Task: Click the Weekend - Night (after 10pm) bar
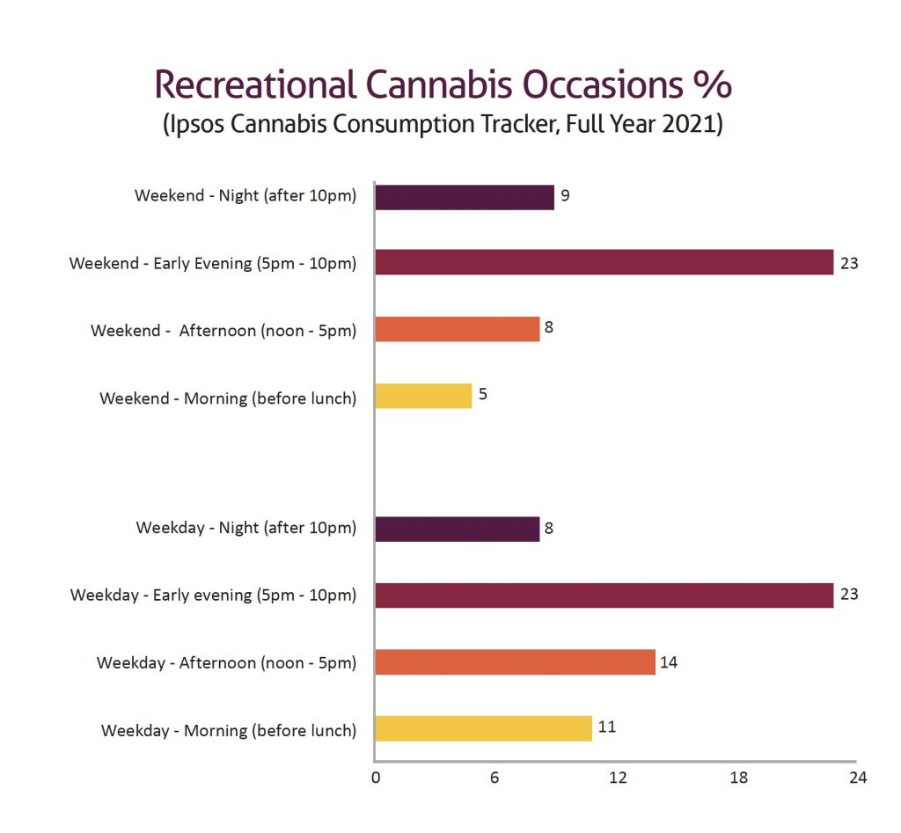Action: coord(465,197)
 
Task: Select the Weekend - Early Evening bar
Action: coord(604,262)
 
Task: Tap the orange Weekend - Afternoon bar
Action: coord(457,329)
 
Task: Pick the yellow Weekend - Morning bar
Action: coord(423,396)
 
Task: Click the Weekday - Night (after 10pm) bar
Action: coord(457,529)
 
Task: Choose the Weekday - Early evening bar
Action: coord(604,596)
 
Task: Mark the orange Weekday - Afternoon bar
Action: coord(515,662)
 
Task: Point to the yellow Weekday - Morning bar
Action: coord(483,728)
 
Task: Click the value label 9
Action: coord(565,195)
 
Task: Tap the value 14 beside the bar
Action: coord(669,661)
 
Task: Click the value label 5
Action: coord(483,394)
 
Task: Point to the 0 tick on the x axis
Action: coord(376,778)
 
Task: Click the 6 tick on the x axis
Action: coord(495,778)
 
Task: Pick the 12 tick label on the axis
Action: coord(618,778)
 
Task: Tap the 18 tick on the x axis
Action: coord(738,778)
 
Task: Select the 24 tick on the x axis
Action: coord(858,778)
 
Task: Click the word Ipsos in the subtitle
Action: coord(198,124)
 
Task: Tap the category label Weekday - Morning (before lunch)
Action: coord(229,730)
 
